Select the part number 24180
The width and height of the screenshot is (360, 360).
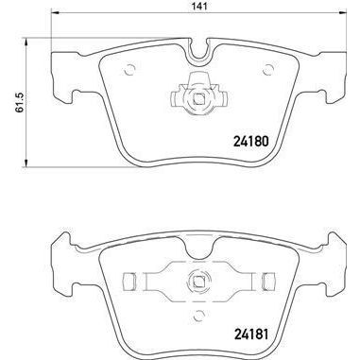(x=251, y=145)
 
